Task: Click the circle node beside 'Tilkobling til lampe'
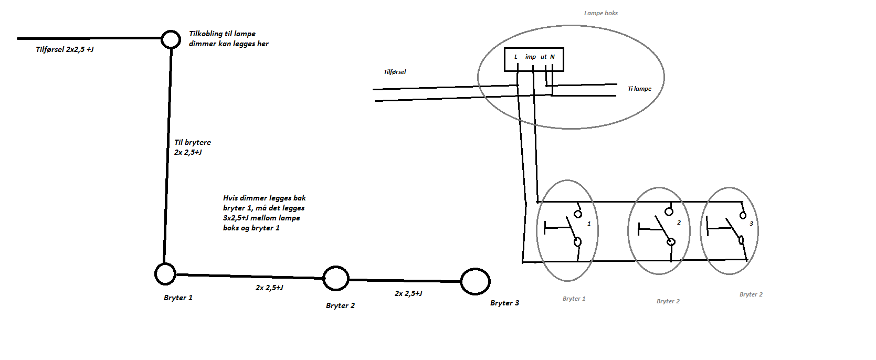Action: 170,39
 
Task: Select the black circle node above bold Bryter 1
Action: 165,274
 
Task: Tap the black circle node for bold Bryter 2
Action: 335,278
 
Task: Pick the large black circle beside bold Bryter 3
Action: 475,281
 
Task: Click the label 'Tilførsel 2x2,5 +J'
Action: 65,49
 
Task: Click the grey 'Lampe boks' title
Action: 601,13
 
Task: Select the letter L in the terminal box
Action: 516,57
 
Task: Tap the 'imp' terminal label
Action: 531,57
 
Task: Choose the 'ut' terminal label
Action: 544,57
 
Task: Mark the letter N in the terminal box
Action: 552,57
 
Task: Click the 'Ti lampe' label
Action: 639,89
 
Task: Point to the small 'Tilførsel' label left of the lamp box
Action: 395,72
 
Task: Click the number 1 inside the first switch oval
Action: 589,224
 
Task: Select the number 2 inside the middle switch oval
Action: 679,223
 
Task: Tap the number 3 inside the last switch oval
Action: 751,224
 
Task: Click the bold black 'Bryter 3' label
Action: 504,303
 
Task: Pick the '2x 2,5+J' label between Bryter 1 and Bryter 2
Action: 269,288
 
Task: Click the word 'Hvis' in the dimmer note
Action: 230,198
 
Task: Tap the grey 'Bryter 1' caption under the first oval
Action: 574,299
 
